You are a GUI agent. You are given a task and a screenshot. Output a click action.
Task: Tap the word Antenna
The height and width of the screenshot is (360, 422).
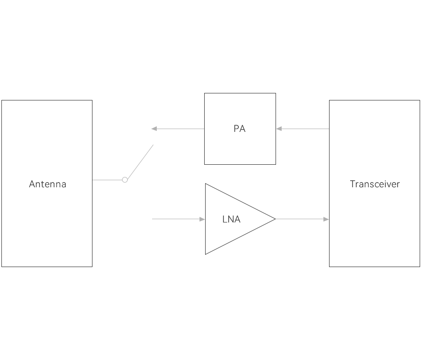tap(47, 184)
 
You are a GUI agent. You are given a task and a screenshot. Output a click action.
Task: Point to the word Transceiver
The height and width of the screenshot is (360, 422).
tap(375, 184)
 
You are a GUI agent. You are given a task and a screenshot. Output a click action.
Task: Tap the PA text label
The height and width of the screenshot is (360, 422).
tap(239, 129)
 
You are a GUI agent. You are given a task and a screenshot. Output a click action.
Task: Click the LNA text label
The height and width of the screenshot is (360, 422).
tap(232, 219)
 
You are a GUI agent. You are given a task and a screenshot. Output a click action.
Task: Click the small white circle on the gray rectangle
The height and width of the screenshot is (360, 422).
tap(125, 180)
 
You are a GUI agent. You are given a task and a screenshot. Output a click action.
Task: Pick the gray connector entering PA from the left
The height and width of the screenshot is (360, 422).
tap(176, 129)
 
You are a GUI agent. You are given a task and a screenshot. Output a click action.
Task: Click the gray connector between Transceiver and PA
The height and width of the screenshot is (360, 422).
tap(303, 129)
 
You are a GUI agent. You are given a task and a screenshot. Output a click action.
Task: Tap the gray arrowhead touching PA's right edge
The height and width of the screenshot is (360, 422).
tap(278, 129)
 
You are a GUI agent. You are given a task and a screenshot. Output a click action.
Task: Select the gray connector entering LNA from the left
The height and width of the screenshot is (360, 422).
tap(181, 219)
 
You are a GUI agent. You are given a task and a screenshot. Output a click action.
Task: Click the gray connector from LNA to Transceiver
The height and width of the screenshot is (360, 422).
tap(300, 219)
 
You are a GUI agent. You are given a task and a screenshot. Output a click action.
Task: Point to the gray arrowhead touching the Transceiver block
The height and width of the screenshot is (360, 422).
tap(326, 219)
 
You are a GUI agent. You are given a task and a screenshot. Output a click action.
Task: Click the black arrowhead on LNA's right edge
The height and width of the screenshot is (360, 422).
tap(273, 219)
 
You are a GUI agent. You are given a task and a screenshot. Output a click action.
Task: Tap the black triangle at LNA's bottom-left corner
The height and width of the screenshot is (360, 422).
tap(208, 253)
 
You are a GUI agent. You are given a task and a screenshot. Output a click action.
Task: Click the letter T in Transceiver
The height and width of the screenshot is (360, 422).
tap(352, 184)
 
